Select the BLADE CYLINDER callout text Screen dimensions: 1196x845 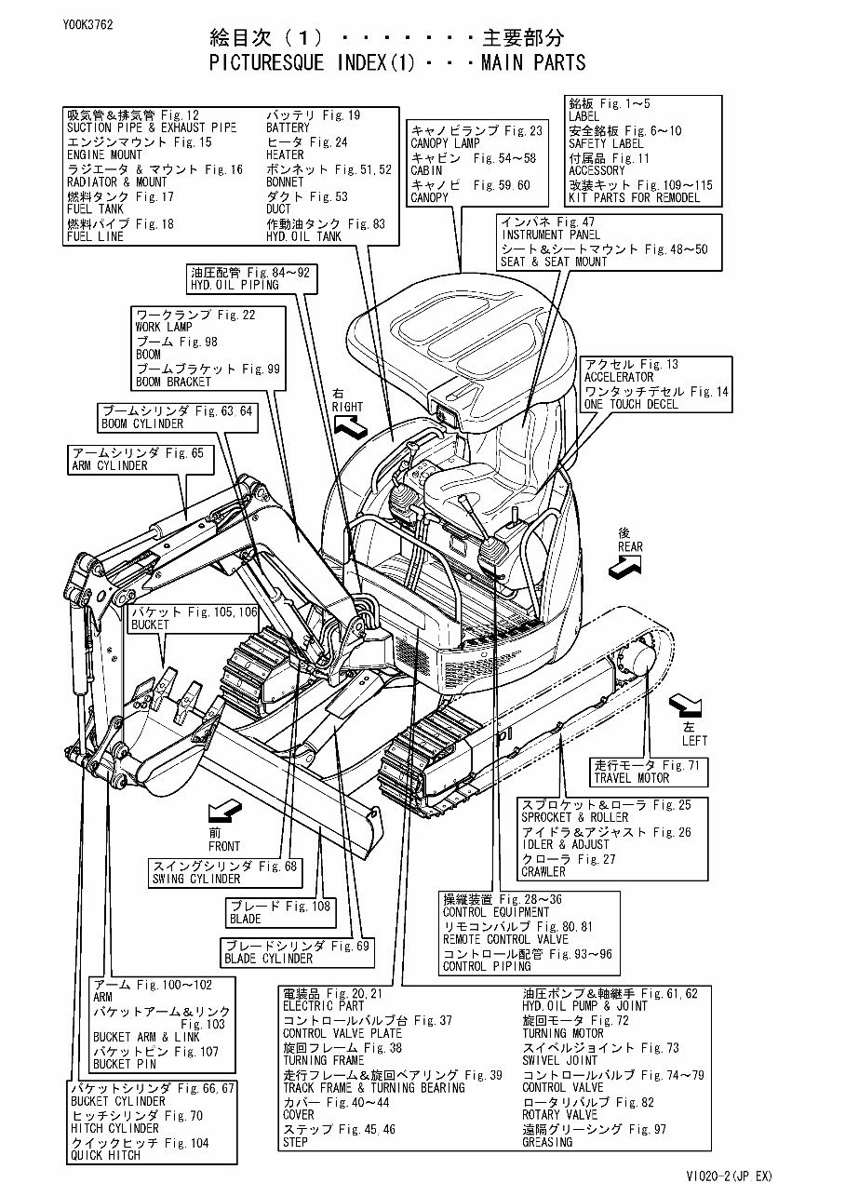point(269,959)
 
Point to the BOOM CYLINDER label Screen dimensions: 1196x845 point(142,423)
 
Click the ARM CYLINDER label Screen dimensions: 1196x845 point(109,465)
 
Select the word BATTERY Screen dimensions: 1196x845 point(288,128)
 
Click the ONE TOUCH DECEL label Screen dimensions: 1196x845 point(631,404)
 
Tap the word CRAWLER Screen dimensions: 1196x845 point(543,872)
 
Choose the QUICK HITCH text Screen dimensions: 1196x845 point(105,1155)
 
